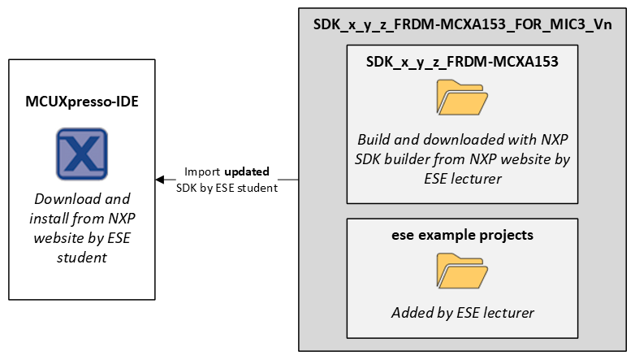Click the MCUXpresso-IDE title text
81,104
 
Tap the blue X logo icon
81,153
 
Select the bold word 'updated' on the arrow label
247,172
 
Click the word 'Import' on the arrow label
202,172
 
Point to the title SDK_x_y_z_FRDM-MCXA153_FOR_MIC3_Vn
462,24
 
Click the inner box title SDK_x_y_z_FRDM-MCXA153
461,61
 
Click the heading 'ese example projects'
461,236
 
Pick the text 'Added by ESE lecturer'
461,312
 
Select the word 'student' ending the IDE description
81,258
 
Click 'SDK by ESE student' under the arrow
227,188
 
